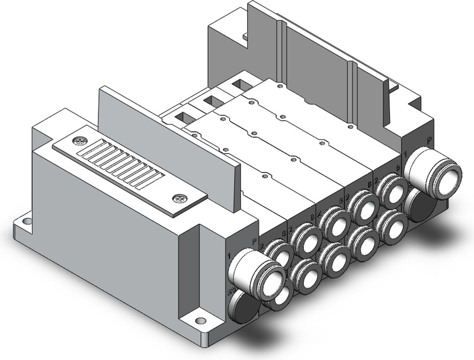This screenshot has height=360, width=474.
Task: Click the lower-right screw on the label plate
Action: coord(177,199)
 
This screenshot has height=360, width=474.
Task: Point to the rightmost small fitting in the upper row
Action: coord(391,188)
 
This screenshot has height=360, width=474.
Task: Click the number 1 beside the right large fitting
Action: coord(406,155)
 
